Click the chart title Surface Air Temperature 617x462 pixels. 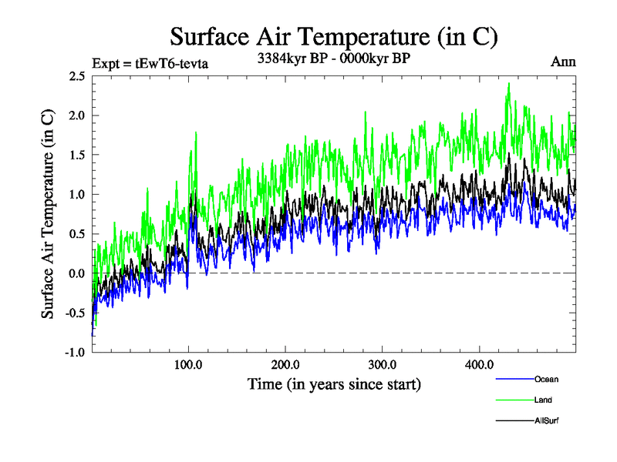(334, 36)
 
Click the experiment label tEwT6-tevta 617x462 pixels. (150, 63)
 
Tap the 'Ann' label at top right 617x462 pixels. (563, 62)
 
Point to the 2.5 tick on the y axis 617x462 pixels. (76, 75)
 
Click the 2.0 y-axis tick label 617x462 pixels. (76, 115)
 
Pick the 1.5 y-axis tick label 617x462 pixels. (76, 155)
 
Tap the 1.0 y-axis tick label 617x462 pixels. (76, 194)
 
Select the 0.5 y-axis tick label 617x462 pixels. (76, 234)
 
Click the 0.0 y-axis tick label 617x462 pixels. (76, 273)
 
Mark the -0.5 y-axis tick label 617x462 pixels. (74, 313)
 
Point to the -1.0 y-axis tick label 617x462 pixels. (74, 352)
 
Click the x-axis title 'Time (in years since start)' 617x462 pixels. (334, 383)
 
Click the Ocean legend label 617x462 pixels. (545, 379)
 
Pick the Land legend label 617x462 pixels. (543, 400)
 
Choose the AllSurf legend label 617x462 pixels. (546, 420)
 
